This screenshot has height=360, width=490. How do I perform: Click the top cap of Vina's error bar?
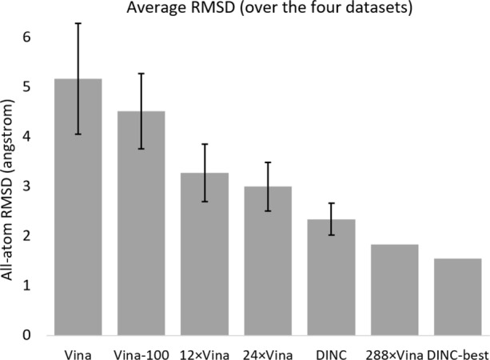coord(78,23)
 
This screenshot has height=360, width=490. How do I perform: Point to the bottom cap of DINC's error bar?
coord(331,235)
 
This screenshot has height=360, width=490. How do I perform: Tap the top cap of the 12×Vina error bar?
coord(205,144)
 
